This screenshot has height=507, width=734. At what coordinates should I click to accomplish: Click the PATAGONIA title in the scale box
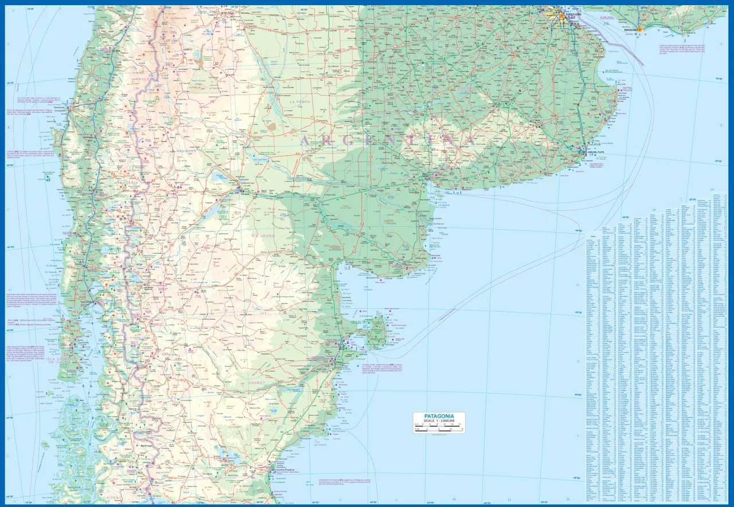click(x=439, y=416)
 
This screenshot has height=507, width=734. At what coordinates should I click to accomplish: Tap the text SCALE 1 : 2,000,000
click(x=439, y=421)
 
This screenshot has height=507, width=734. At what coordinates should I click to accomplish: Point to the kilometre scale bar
click(x=439, y=428)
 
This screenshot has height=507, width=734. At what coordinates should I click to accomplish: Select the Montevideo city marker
click(x=641, y=29)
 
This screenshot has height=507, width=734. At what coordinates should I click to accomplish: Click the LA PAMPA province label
click(x=299, y=101)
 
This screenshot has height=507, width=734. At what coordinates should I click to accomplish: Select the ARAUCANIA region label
click(x=127, y=183)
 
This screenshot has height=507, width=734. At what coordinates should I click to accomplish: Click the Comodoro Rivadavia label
click(x=276, y=469)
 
